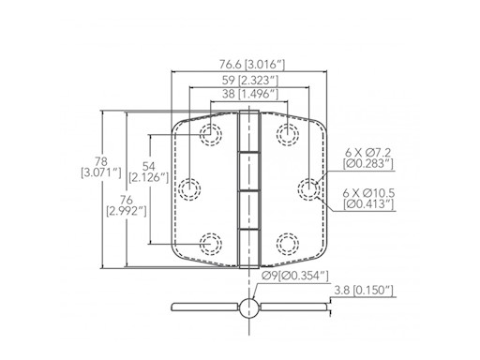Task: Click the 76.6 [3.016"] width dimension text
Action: pos(248,65)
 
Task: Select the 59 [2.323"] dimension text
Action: pos(248,81)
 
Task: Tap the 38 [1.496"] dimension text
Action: pos(248,96)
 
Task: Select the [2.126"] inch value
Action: pos(149,176)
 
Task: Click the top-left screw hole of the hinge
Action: pos(211,134)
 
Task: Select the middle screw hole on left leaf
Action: pos(191,190)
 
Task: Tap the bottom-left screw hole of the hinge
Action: pos(211,246)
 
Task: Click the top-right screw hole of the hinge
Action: pos(287,134)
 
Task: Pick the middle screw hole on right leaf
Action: pos(307,190)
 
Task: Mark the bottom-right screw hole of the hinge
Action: pos(287,246)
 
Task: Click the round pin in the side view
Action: pos(248,307)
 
